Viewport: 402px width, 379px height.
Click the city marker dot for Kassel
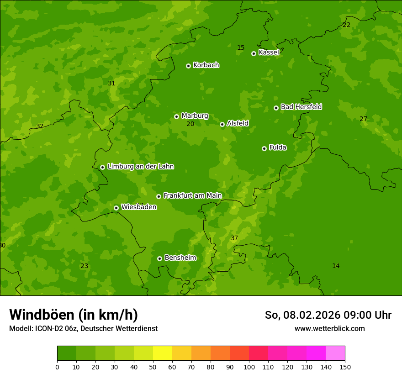tap(254, 53)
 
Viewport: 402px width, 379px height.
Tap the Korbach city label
tap(206, 65)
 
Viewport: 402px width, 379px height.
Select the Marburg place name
tap(195, 116)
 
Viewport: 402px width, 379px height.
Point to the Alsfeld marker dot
tap(222, 124)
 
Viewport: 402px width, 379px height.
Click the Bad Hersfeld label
tap(301, 107)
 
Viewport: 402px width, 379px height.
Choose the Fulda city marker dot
tap(264, 148)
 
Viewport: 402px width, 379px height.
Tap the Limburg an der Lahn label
tap(140, 167)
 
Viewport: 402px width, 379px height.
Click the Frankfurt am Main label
tap(192, 195)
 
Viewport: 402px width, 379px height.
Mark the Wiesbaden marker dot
tap(116, 208)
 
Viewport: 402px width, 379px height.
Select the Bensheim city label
tap(180, 258)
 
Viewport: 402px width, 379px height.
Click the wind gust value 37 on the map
tap(234, 238)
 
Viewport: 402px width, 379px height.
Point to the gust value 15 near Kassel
tap(241, 48)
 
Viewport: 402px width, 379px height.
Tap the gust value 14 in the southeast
tap(336, 266)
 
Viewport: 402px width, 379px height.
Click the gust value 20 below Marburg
tap(190, 124)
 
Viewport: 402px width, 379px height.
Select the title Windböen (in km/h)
tap(74, 315)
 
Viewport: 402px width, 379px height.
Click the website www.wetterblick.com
tap(329, 329)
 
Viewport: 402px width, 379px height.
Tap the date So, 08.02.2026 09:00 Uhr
tap(328, 315)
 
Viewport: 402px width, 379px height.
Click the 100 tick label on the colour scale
tap(249, 367)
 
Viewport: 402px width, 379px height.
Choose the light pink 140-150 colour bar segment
tap(335, 353)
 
